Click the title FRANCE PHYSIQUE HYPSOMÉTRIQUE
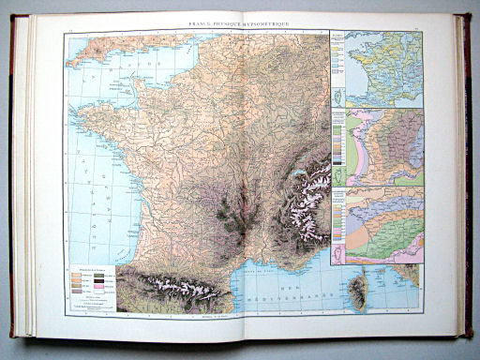tap(239, 20)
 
